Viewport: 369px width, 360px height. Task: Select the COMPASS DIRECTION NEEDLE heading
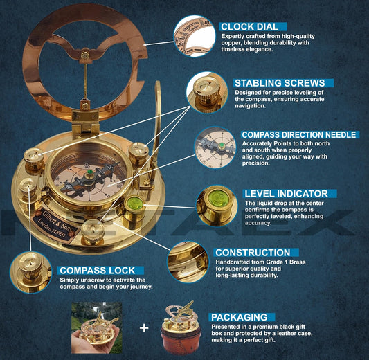click(299, 135)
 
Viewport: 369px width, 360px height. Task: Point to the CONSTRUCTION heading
click(252, 253)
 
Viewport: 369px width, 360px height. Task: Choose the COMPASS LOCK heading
click(101, 270)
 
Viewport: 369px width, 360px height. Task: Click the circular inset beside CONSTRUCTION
click(188, 261)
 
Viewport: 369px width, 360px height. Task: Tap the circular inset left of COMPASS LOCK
click(30, 271)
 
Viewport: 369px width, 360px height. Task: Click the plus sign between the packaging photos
click(144, 326)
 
